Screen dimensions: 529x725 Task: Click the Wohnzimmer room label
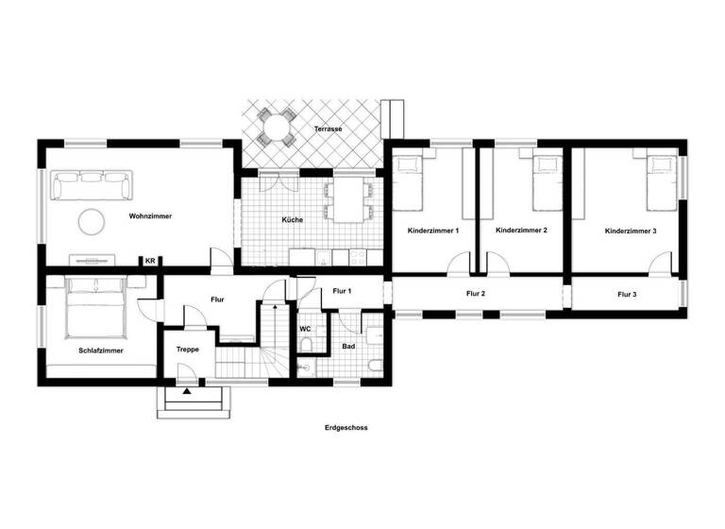tap(151, 216)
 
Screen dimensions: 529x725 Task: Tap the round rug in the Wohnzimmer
tap(91, 221)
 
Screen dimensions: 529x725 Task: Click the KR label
tap(149, 261)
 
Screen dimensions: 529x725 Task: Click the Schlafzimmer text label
tap(101, 350)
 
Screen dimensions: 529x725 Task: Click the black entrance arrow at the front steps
tap(187, 391)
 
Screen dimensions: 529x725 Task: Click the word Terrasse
tap(329, 128)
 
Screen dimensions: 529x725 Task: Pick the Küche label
tap(293, 220)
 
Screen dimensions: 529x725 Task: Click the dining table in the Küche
tap(348, 199)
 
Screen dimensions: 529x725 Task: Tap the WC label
tap(306, 329)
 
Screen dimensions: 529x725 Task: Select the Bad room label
tap(348, 348)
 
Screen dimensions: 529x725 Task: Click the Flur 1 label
tap(342, 291)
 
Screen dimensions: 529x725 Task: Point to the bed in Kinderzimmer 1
tap(409, 182)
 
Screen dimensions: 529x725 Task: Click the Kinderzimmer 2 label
tap(521, 230)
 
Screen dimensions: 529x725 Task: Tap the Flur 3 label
tap(627, 295)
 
